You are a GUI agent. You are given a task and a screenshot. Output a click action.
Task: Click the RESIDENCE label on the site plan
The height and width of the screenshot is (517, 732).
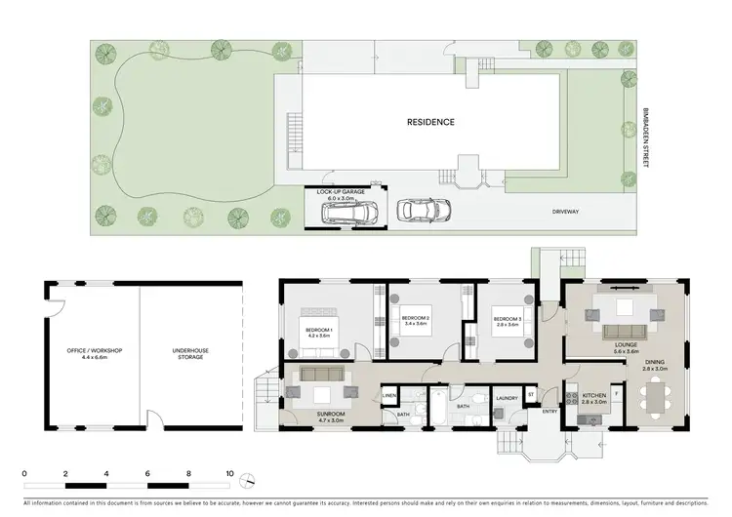pos(430,122)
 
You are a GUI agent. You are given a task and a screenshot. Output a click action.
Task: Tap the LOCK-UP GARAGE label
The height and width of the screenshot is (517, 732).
pos(341,192)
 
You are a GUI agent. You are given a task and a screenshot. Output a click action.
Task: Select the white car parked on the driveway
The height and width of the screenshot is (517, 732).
pos(423,209)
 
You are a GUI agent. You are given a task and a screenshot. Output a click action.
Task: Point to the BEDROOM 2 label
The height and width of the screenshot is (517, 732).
pos(416,319)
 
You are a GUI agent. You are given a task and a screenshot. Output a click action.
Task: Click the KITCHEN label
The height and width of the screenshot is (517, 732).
pos(594,395)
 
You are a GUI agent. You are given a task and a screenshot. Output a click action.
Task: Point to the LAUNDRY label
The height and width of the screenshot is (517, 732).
pos(506,398)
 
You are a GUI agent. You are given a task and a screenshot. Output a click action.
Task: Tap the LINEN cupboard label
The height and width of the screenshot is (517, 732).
pos(388,395)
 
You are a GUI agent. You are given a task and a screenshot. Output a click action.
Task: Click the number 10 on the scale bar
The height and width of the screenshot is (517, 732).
pos(229,473)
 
